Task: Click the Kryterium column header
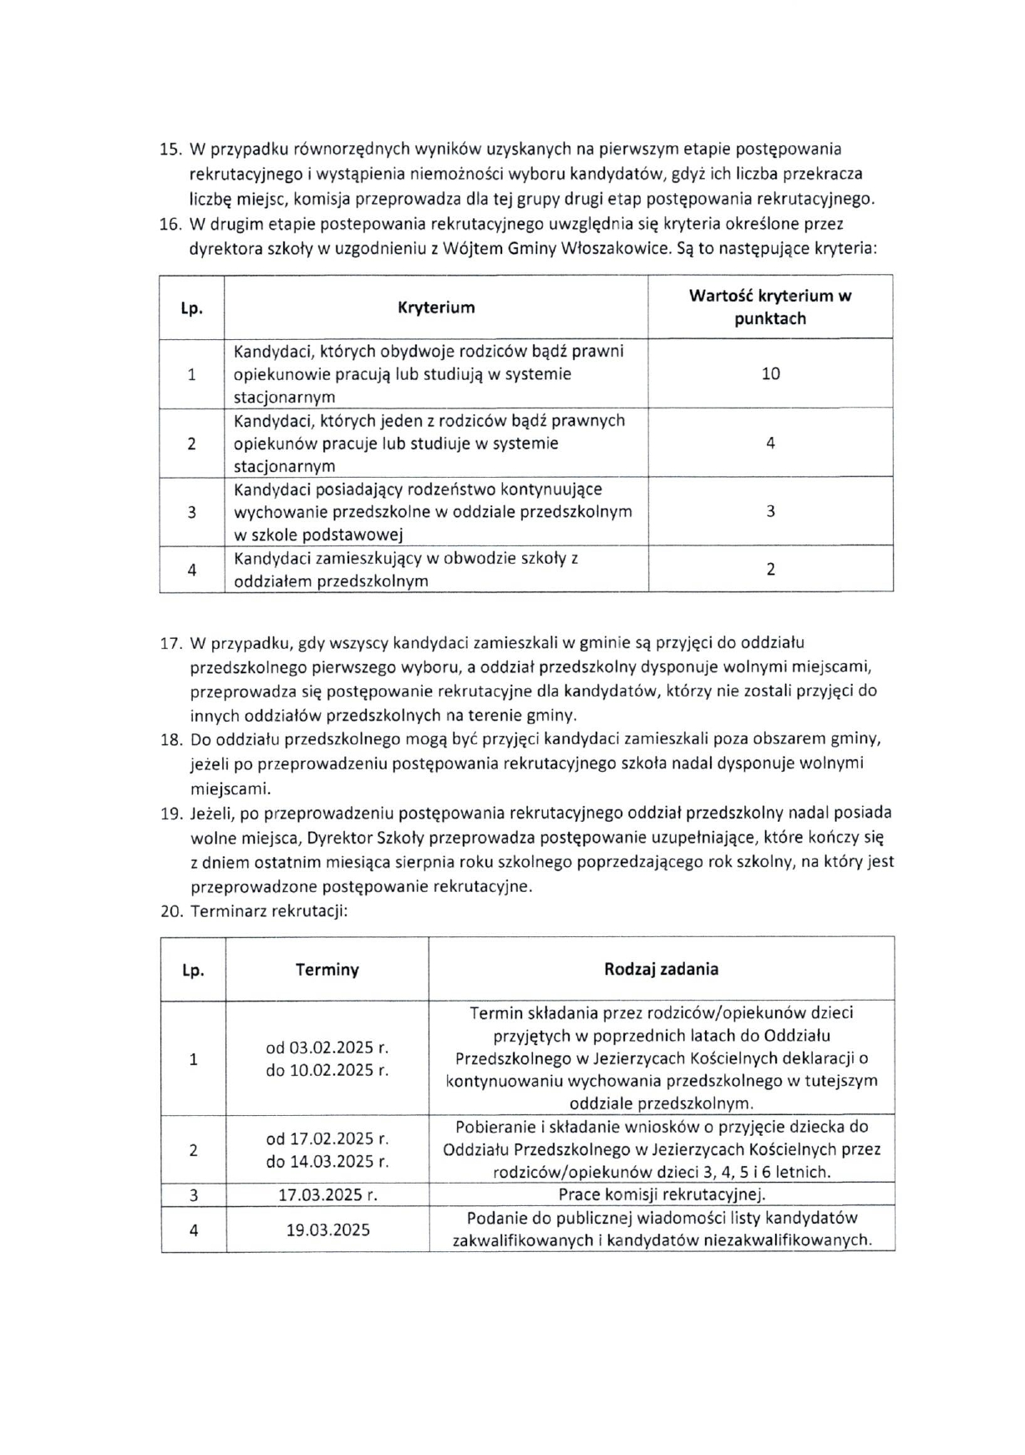click(436, 307)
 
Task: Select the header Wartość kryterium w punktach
click(770, 307)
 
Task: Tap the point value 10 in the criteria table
click(770, 373)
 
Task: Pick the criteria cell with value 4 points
click(770, 444)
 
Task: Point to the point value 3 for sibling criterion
click(770, 511)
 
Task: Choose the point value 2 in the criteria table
click(770, 570)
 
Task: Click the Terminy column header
click(327, 970)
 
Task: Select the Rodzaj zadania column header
click(661, 969)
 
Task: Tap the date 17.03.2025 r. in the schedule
click(327, 1195)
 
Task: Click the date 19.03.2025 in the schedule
click(327, 1229)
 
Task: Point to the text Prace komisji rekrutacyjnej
click(662, 1194)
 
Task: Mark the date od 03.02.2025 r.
click(327, 1047)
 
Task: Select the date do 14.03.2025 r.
click(327, 1161)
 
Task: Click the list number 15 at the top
click(170, 150)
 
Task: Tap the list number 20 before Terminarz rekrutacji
click(170, 911)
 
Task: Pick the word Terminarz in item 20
click(226, 911)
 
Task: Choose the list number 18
click(170, 739)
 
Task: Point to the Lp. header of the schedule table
click(193, 970)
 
